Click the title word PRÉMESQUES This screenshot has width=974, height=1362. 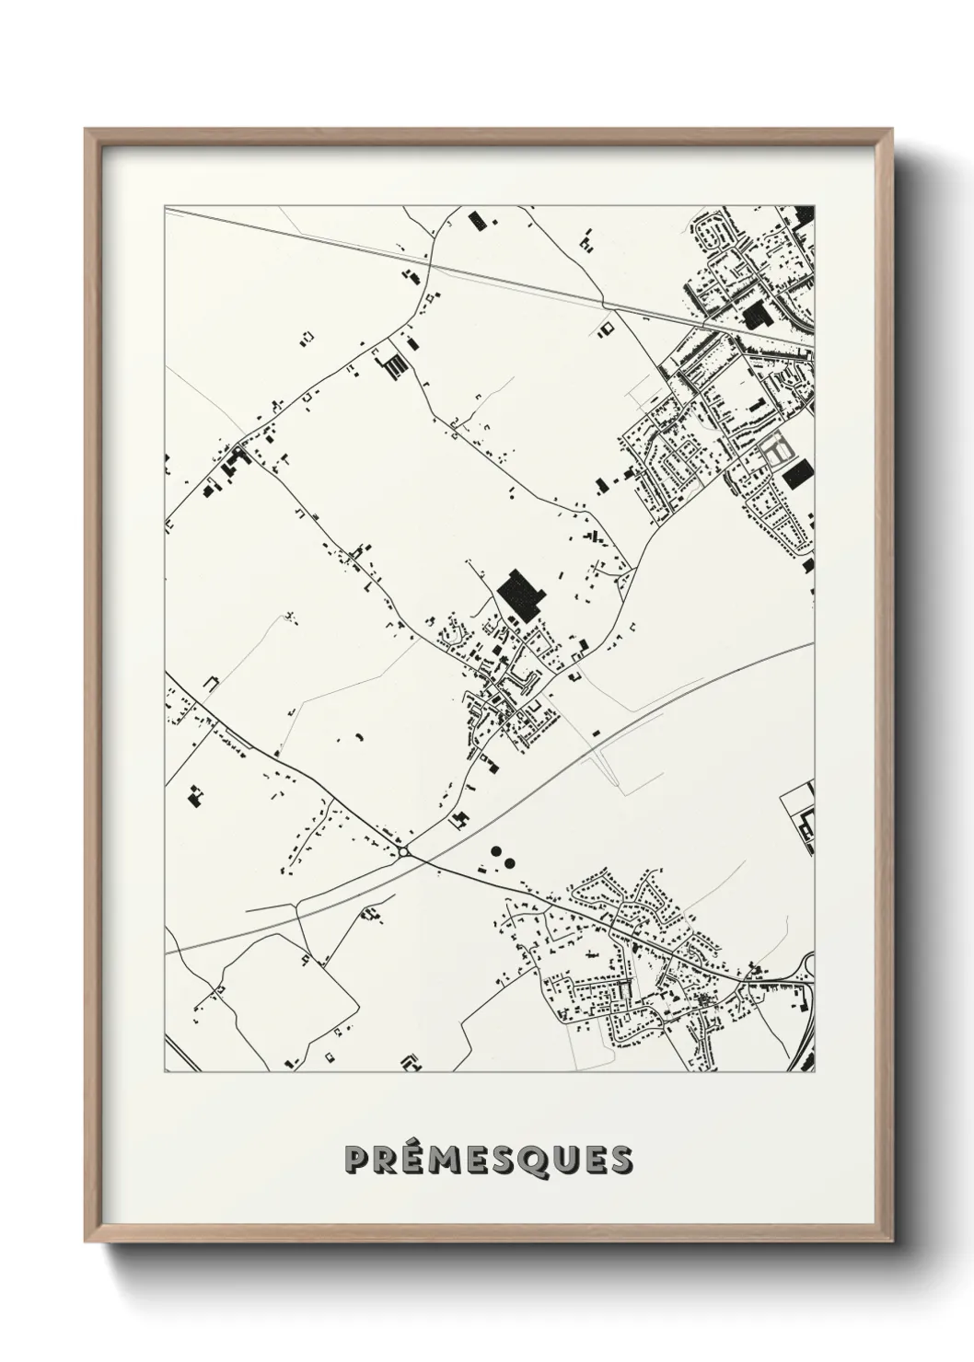click(x=488, y=1160)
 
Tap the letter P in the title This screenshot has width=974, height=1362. click(x=356, y=1160)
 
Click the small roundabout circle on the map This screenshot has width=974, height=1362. click(x=403, y=852)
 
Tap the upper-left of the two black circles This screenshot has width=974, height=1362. click(x=495, y=850)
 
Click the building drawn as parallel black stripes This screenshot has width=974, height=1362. click(x=394, y=367)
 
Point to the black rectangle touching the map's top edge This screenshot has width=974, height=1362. click(x=477, y=219)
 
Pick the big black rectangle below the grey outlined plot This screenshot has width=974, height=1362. click(x=795, y=474)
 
